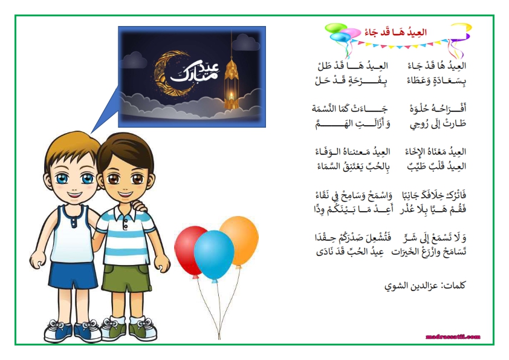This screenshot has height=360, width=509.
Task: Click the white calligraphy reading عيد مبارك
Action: click(195, 72)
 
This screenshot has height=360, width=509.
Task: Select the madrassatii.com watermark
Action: click(453, 337)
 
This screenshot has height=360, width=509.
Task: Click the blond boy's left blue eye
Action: click(62, 178)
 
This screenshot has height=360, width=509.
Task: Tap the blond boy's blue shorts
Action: click(73, 275)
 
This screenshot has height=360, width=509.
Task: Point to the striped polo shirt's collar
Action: click(125, 212)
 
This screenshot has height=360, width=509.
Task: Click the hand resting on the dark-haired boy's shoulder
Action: click(139, 205)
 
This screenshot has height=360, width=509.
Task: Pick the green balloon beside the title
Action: click(336, 28)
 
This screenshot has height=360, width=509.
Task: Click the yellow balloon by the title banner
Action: click(462, 27)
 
